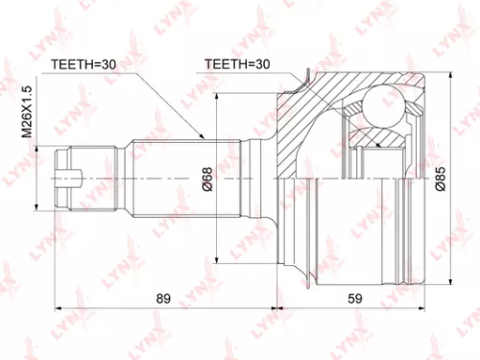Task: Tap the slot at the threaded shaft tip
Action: point(71,176)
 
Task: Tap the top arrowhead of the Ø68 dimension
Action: point(222,97)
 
